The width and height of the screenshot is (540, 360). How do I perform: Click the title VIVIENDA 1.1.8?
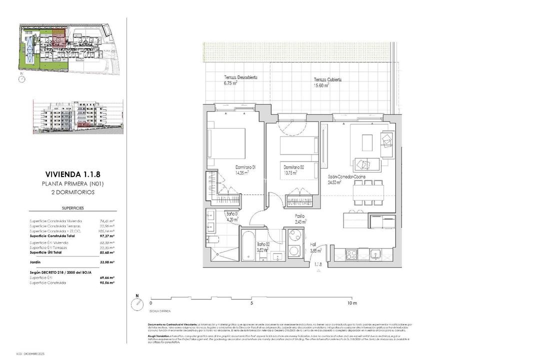(72, 174)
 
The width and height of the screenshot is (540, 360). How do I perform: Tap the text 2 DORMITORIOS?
(72, 192)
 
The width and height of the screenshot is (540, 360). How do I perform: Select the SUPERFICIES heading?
(72, 207)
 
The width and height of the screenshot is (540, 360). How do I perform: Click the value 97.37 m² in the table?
(107, 236)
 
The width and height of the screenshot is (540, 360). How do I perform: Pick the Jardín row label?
(35, 261)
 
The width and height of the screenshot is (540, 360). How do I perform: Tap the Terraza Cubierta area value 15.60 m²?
(320, 85)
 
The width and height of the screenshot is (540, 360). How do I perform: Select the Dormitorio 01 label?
(245, 167)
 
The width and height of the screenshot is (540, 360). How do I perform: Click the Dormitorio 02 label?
(293, 167)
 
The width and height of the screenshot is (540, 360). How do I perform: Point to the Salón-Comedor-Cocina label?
(346, 177)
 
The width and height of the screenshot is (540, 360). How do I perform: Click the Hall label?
(313, 245)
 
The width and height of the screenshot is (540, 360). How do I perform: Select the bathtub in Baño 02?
(250, 245)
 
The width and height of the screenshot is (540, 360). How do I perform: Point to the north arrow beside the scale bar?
(135, 303)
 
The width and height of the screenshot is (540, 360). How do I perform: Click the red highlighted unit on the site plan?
(59, 39)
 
